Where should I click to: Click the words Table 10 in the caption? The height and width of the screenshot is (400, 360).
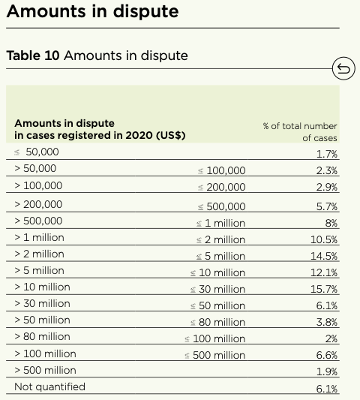[33, 56]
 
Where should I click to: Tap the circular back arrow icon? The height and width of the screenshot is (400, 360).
[343, 70]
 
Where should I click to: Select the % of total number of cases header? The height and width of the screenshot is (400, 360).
[300, 131]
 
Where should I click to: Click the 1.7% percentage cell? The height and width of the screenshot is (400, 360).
[327, 154]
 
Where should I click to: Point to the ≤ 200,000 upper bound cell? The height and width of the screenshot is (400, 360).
[221, 187]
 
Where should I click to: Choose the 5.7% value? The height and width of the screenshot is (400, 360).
[327, 206]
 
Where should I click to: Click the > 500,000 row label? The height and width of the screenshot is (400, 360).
[38, 221]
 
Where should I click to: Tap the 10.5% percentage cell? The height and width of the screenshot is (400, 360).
[325, 239]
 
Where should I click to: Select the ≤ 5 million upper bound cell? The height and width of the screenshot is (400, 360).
[220, 256]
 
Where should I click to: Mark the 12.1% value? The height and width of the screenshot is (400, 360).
[325, 272]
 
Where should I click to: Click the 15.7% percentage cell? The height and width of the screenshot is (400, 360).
[325, 289]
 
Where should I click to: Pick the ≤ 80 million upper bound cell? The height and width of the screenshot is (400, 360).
[217, 322]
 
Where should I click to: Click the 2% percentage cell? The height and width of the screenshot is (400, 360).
[331, 338]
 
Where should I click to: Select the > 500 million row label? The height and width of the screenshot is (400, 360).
[45, 370]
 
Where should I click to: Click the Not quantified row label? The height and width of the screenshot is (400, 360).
[49, 386]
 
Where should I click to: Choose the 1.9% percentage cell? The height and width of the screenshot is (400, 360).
[327, 371]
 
